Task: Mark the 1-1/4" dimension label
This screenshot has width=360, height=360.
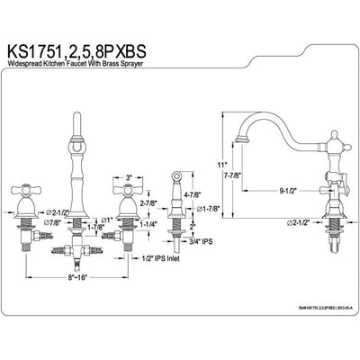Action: point(149,228)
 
